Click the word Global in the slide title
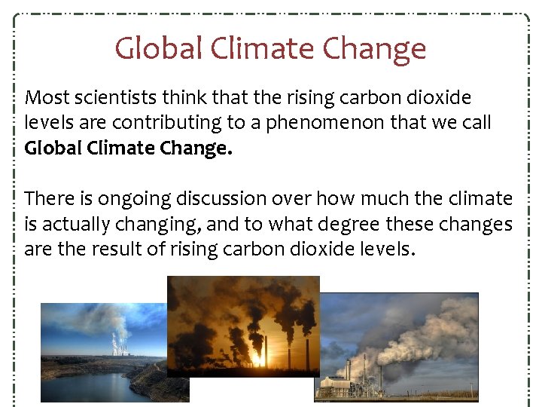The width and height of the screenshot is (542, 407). [x=159, y=49]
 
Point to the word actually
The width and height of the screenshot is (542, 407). [x=81, y=225]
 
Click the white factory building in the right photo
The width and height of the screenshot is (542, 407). [x=339, y=384]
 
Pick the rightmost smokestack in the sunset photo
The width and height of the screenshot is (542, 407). [x=309, y=354]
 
